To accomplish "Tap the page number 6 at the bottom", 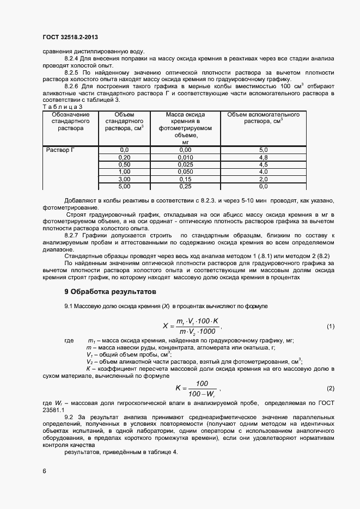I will coord(44,470).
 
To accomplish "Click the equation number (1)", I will coord(330,326).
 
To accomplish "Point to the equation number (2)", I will coord(330,388).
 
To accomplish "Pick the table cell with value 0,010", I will coord(185,157).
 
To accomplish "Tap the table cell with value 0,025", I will coord(185,164).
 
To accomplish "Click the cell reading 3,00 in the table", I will coord(124,179).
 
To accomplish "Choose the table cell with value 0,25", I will coord(185,186).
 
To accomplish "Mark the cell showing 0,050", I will coord(185,171).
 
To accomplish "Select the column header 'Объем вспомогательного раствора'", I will coord(263,118).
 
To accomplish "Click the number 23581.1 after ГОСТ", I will coord(53,410).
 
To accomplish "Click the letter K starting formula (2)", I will coord(178,388).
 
